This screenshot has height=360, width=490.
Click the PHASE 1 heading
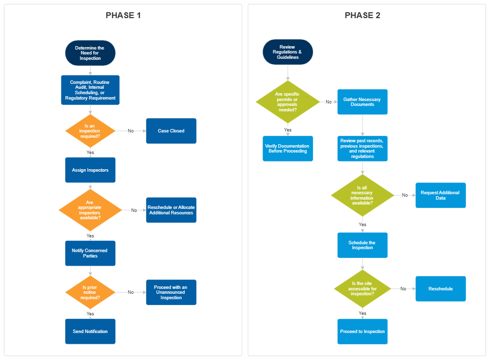123,15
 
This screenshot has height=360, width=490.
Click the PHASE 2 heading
362,15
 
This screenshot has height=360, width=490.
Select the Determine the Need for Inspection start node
90,53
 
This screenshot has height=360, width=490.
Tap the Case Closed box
171,131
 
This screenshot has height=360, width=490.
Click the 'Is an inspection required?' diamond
90,131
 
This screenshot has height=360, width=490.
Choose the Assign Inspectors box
90,170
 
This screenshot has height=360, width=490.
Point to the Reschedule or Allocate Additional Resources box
171,210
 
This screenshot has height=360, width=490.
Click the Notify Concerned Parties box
90,253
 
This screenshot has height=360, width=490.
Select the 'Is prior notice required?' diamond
90,292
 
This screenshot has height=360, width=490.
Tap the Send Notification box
90,332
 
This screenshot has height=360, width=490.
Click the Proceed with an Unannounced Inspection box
171,292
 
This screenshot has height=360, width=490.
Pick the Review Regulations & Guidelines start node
288,52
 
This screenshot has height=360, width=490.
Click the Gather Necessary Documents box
362,102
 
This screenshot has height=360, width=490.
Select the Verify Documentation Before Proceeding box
288,149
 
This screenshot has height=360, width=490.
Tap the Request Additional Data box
440,195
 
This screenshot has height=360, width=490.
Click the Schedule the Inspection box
362,245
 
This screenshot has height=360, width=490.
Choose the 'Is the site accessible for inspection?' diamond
362,289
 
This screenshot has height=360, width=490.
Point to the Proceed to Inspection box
362,332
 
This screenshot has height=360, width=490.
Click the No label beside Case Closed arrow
131,131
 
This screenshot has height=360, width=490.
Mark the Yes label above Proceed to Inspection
362,313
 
